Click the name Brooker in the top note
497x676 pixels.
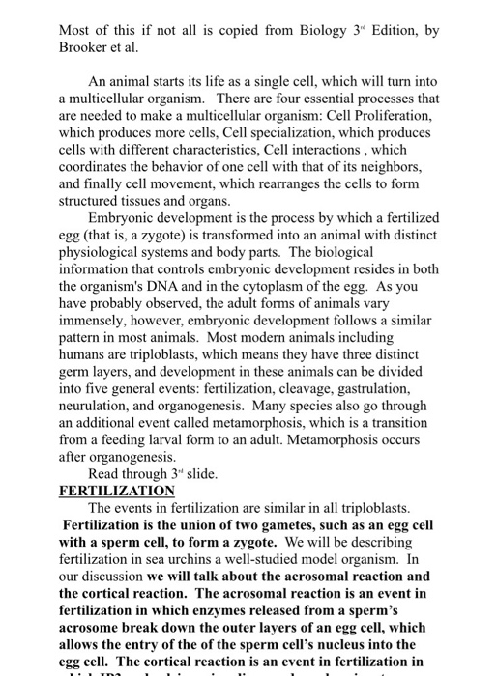(86, 47)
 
